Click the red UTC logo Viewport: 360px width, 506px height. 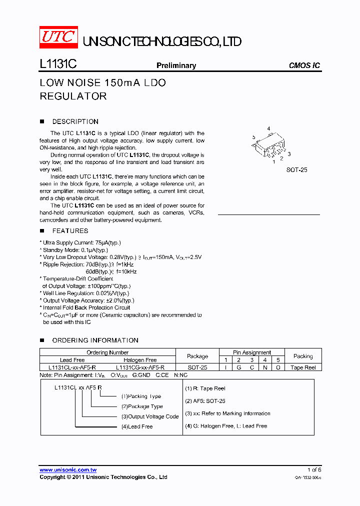58,37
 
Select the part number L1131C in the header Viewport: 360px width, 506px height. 57,65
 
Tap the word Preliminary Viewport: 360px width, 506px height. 176,65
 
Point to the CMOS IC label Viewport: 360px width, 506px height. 304,65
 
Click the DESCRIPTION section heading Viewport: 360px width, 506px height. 75,121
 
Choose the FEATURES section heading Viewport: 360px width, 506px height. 70,230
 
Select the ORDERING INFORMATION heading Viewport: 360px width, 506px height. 95,340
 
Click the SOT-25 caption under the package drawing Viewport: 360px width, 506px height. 296,170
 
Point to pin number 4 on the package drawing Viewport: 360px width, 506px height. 268,129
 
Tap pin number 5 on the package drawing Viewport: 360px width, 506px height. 254,137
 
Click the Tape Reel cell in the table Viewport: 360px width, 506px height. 303,367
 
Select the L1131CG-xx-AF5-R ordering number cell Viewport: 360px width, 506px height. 140,367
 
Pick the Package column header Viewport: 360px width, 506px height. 197,356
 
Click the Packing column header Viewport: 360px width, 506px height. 303,356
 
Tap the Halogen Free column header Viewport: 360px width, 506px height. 140,360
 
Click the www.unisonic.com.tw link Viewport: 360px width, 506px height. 68,469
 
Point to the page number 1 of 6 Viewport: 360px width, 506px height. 314,469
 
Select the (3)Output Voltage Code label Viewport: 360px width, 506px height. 149,416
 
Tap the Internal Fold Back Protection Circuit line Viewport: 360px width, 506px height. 86,307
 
